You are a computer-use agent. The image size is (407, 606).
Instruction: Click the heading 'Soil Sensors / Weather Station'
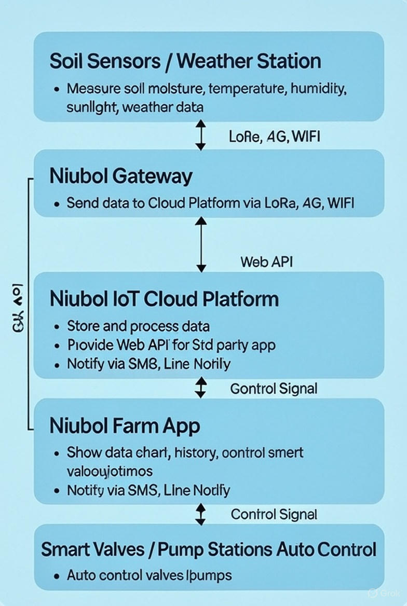pos(185,61)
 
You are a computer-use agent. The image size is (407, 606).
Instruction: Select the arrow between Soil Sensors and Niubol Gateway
pos(201,135)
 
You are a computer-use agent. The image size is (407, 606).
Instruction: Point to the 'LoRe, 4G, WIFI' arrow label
pos(274,136)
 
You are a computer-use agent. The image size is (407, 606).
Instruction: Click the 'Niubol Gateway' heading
pos(120,176)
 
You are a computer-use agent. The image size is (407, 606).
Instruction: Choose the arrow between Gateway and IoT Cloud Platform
pos(201,244)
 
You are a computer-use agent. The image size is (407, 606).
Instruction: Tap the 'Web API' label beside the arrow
pos(266,261)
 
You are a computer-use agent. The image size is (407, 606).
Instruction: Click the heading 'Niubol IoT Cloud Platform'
pos(164,299)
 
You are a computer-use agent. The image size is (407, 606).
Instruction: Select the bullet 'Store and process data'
pos(138,326)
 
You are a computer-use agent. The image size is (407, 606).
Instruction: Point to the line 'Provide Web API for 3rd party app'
pos(171,345)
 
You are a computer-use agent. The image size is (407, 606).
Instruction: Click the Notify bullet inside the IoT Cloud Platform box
pos(148,364)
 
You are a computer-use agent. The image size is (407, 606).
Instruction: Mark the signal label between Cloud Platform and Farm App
pos(273,388)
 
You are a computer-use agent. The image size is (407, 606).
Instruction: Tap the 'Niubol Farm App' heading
pos(125,425)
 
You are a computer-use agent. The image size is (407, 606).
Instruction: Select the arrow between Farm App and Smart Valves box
pos(201,514)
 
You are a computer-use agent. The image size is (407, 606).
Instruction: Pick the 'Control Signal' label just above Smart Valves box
pos(274,514)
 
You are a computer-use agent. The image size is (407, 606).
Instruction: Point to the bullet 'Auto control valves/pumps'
pos(149,575)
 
